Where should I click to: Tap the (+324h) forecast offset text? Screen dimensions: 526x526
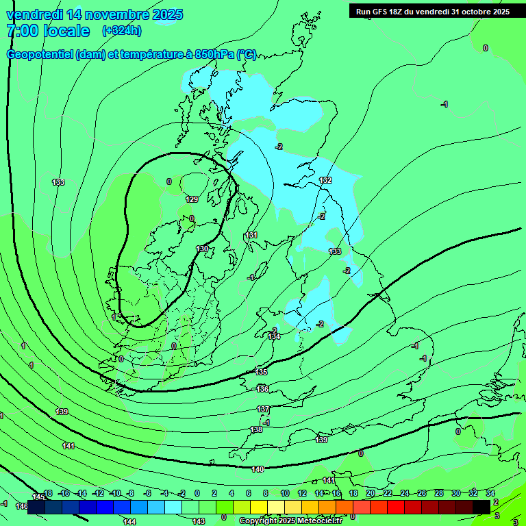[x=121, y=31]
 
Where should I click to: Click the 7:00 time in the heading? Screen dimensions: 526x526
[x=22, y=31]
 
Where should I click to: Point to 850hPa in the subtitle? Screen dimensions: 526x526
[x=214, y=55]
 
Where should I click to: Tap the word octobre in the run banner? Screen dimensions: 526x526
[x=478, y=11]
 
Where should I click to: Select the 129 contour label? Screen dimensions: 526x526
[x=192, y=199]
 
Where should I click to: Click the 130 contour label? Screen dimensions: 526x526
[x=201, y=249]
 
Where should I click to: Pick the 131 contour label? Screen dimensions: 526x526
[x=251, y=235]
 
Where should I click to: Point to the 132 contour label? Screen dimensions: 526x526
[x=325, y=180]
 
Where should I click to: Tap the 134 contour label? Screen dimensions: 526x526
[x=274, y=336]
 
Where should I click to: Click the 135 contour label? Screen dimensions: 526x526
[x=261, y=372]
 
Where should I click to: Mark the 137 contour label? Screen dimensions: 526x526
[x=263, y=409]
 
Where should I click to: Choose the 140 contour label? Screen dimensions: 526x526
[x=258, y=469]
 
